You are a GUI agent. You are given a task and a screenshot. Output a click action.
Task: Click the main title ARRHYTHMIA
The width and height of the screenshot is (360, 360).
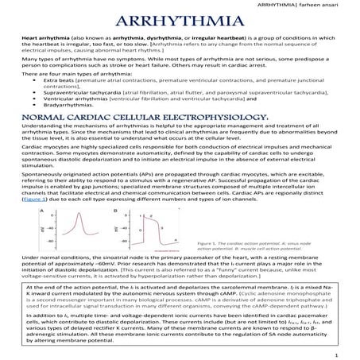pyautogui.click(x=179, y=21)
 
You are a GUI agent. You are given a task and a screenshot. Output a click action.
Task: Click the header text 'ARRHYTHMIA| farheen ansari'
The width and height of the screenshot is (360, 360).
pyautogui.click(x=312, y=5)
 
